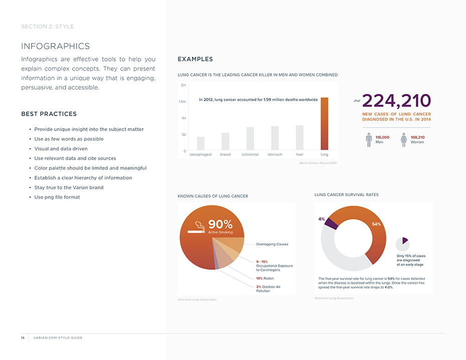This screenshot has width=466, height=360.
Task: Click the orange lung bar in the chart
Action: [x=324, y=124]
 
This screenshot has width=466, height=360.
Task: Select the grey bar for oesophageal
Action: [x=200, y=143]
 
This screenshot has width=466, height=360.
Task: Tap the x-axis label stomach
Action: [x=275, y=155]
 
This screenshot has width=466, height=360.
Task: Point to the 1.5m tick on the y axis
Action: [x=183, y=102]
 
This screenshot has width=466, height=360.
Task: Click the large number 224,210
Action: [x=396, y=101]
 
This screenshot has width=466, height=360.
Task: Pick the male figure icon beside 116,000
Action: [x=369, y=140]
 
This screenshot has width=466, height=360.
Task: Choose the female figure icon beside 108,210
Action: [x=403, y=140]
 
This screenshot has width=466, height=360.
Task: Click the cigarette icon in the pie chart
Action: [x=196, y=228]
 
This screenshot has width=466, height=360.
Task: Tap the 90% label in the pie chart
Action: [x=220, y=224]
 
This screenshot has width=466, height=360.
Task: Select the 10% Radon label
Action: [x=265, y=278]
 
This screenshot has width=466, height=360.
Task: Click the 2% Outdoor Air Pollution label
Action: [x=268, y=289]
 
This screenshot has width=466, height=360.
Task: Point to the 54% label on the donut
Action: [x=376, y=224]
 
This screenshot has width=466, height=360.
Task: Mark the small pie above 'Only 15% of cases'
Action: [x=402, y=244]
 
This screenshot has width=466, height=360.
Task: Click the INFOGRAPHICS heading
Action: [x=56, y=47]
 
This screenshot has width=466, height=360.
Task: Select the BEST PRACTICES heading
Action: [x=49, y=114]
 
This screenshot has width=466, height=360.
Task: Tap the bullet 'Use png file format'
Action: [x=57, y=197]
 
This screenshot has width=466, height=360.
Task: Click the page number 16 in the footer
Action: [x=23, y=338]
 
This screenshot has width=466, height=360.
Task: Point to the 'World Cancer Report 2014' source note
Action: [x=318, y=163]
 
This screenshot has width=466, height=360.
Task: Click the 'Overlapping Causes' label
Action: [x=272, y=244]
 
